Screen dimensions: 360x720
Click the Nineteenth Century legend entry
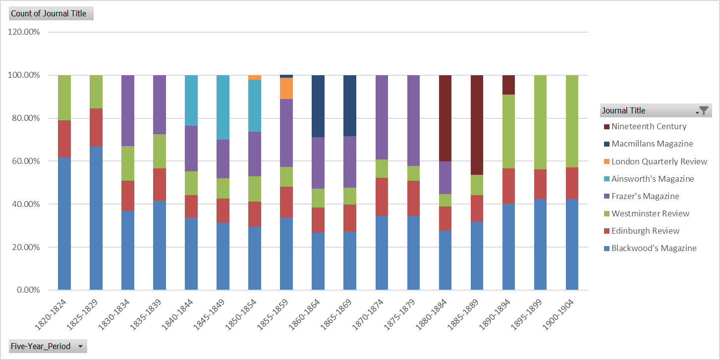pyautogui.click(x=649, y=126)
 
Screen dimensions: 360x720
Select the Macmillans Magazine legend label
pyautogui.click(x=652, y=144)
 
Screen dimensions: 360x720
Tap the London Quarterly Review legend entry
pyautogui.click(x=659, y=161)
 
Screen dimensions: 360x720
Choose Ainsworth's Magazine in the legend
pyautogui.click(x=653, y=179)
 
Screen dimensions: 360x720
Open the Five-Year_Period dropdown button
pyautogui.click(x=80, y=346)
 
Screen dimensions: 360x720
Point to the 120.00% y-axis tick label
pyautogui.click(x=24, y=32)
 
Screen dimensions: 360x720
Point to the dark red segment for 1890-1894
pyautogui.click(x=508, y=85)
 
